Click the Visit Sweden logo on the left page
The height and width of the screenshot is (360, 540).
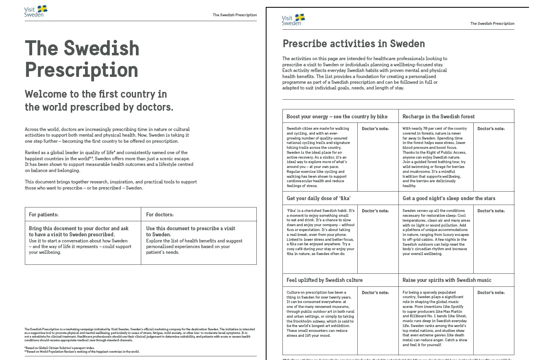(35, 11)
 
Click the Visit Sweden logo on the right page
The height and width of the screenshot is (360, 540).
(293, 20)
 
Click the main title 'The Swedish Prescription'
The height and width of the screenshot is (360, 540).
(82, 59)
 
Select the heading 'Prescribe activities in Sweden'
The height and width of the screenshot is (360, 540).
(354, 44)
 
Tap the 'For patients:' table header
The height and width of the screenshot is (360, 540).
(44, 214)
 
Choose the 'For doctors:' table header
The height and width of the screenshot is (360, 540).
(160, 214)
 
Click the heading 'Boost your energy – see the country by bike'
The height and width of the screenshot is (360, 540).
(337, 116)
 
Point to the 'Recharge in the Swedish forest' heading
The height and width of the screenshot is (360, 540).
(438, 116)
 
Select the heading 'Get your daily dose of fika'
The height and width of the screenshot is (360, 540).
(319, 198)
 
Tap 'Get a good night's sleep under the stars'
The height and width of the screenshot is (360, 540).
(449, 198)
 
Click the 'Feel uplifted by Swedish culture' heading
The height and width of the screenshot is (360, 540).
(324, 280)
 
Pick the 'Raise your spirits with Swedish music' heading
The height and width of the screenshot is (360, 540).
(447, 280)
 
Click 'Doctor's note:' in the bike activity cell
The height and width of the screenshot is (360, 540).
(375, 129)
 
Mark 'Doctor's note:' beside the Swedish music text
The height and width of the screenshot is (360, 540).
(491, 292)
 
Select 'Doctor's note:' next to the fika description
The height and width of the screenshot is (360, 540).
(375, 211)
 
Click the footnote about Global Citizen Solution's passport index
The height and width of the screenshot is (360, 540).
(59, 348)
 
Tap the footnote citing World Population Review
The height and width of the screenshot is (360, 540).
(82, 351)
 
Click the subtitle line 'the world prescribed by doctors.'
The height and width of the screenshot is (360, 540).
(99, 107)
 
